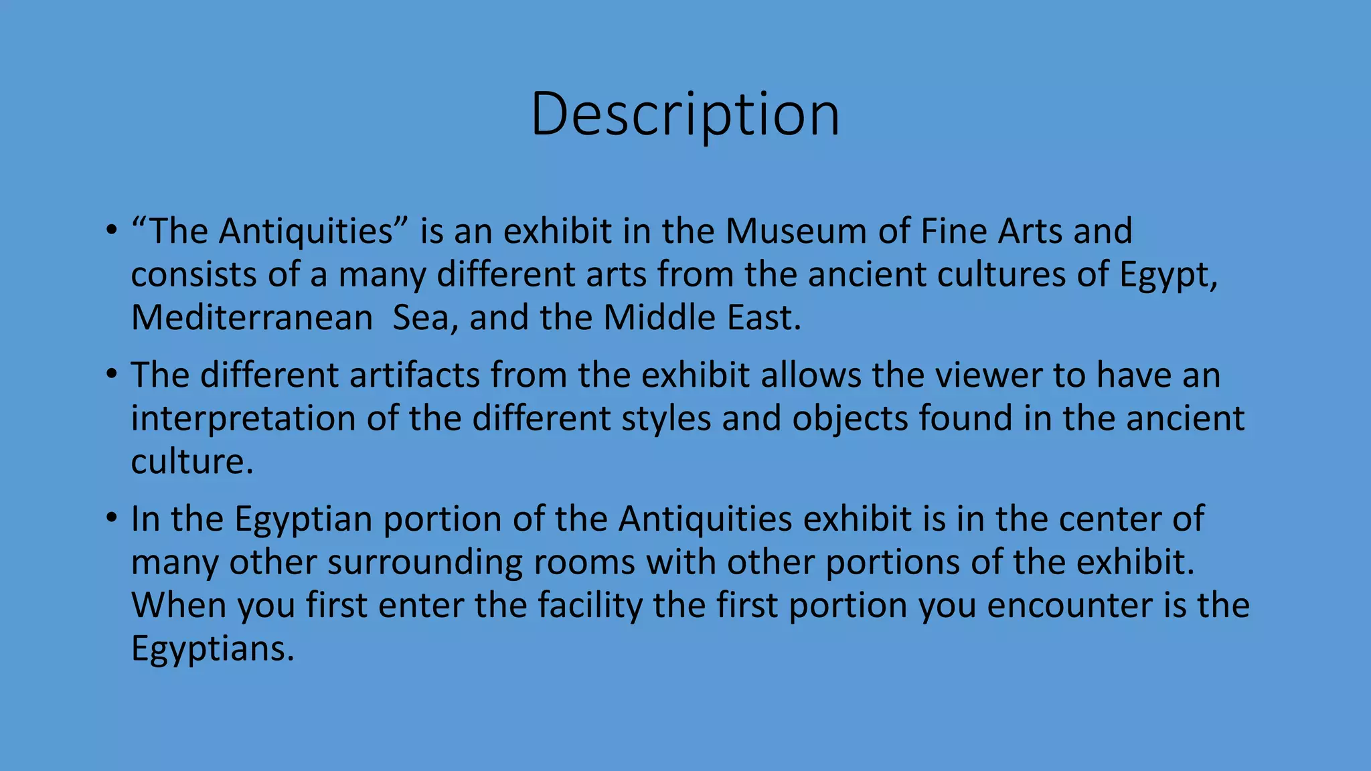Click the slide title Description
click(685, 115)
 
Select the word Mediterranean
click(252, 318)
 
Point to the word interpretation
click(243, 419)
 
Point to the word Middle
click(650, 318)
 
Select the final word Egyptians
click(212, 649)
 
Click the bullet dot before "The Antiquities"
click(111, 232)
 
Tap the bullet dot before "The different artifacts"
click(111, 375)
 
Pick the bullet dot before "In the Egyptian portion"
click(111, 519)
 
